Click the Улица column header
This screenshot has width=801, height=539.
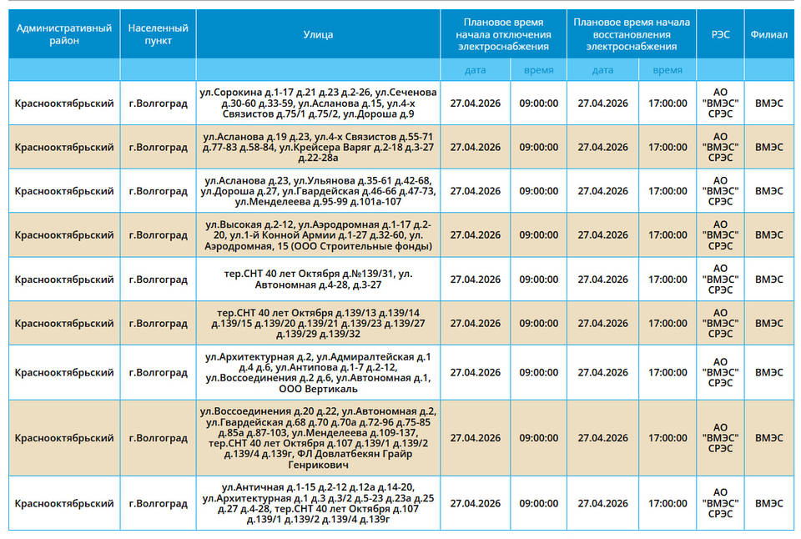[318, 34]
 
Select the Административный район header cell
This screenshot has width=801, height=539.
[64, 34]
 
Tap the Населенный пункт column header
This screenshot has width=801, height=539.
[158, 34]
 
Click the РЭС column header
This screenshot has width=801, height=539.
[719, 34]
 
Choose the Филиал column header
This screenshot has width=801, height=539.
[768, 34]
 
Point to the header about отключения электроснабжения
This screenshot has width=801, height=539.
[503, 34]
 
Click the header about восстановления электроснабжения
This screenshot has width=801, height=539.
[631, 34]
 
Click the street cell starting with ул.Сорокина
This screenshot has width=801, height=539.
[318, 103]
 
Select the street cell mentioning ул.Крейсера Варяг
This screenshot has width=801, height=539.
[318, 147]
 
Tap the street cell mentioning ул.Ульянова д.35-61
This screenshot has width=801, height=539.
[318, 190]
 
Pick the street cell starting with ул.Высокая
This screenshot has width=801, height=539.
[318, 234]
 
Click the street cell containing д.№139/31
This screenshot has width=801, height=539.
[318, 279]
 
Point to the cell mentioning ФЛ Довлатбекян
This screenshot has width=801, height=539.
[318, 437]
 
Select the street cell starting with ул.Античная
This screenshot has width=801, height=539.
[318, 503]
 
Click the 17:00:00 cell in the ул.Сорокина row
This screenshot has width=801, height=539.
[667, 103]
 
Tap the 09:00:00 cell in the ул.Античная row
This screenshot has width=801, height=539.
[538, 503]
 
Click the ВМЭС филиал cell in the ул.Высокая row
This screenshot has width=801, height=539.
[768, 234]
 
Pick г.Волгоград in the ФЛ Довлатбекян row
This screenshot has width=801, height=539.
[158, 437]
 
